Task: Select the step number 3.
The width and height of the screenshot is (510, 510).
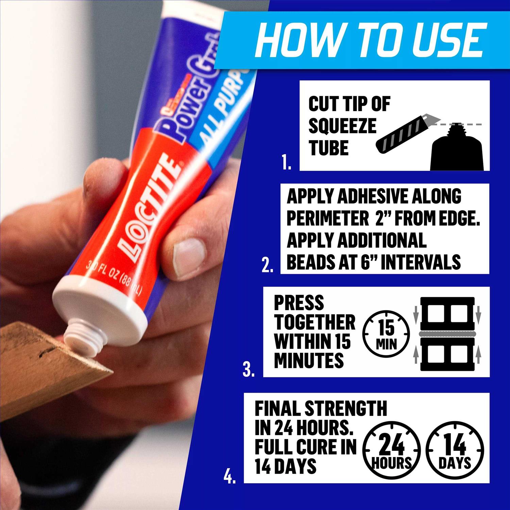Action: (x=249, y=370)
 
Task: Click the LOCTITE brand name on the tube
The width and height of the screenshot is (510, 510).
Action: (x=150, y=207)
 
